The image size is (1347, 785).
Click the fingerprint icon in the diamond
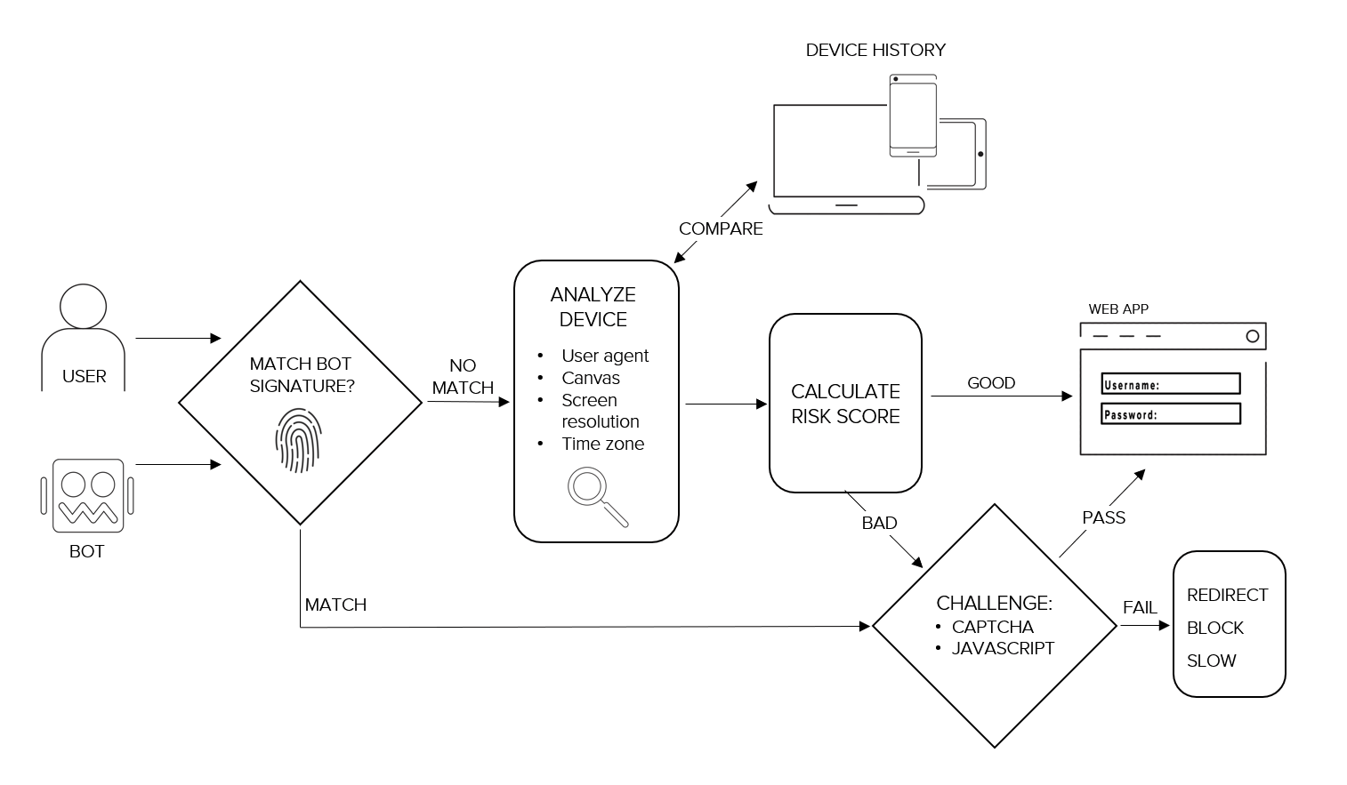[x=297, y=440]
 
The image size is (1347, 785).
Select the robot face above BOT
[x=87, y=494]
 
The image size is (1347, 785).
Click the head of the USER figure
[x=83, y=307]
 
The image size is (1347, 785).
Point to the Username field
[x=1170, y=384]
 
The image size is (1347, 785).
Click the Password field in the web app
[x=1170, y=414]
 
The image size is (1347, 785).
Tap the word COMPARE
[x=721, y=228]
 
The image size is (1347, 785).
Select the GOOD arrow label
[x=991, y=383]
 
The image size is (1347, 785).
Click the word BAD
[x=879, y=523]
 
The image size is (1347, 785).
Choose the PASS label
[x=1103, y=517]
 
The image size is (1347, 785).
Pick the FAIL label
[x=1140, y=607]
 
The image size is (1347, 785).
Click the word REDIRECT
[x=1227, y=595]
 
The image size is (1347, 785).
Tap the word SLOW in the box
[x=1211, y=661]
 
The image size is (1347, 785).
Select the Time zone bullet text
[x=602, y=444]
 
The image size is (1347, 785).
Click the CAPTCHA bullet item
[x=992, y=627]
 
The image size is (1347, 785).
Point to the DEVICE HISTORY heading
[x=875, y=51]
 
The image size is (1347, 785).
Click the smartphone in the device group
[x=913, y=116]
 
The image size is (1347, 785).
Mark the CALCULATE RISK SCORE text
[x=845, y=404]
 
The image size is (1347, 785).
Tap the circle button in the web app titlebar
[x=1252, y=336]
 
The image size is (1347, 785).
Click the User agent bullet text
[x=605, y=356]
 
